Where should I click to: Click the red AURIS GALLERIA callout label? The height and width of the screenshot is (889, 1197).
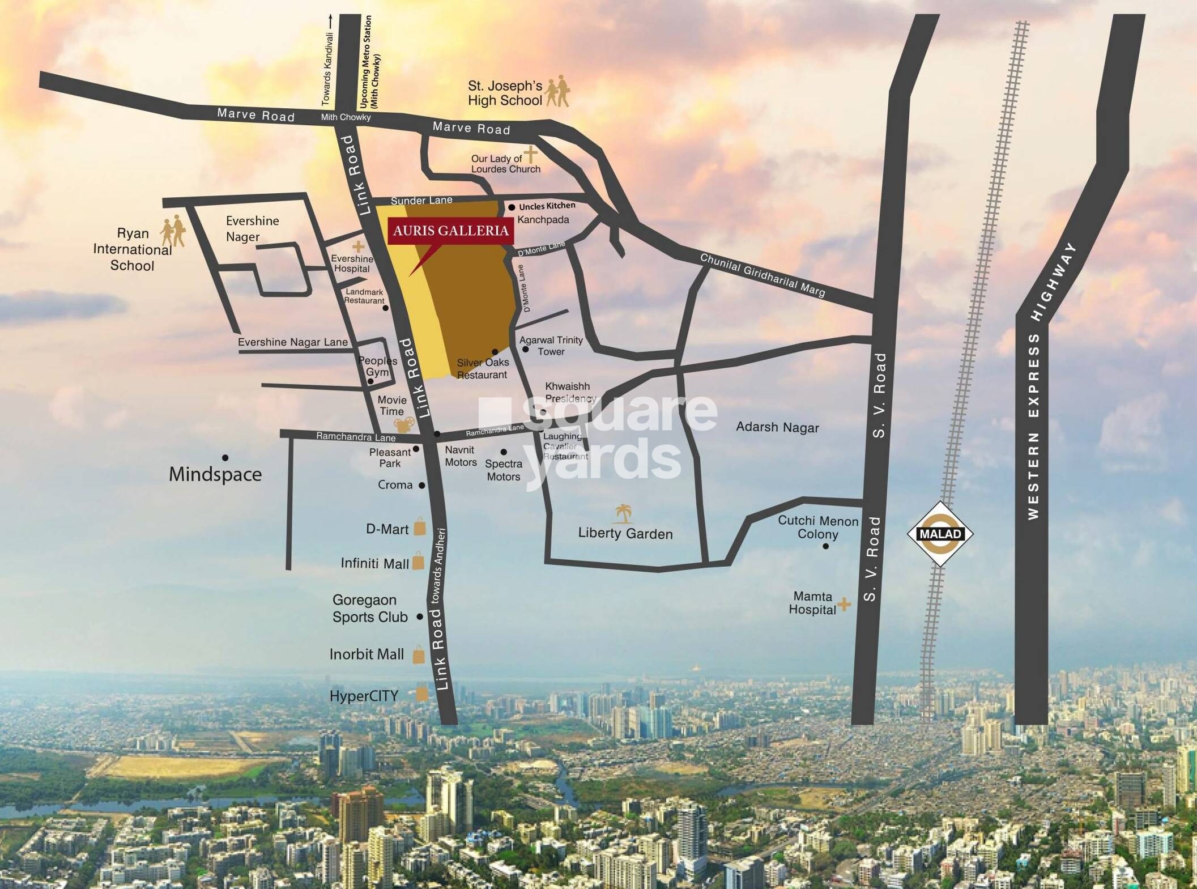click(x=451, y=231)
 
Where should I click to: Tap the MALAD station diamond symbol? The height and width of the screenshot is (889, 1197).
click(x=940, y=534)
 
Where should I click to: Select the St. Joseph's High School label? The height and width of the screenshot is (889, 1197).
click(x=505, y=93)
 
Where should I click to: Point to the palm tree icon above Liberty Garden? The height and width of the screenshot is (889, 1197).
click(x=623, y=513)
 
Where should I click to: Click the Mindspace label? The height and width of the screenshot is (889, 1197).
click(x=215, y=474)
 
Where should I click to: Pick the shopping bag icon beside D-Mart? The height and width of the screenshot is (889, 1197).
click(x=419, y=526)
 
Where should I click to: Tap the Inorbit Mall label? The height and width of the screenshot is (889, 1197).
click(x=367, y=654)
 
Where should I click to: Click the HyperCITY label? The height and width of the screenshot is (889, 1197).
click(x=364, y=696)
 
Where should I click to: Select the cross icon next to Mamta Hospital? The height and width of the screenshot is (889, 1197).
click(x=844, y=605)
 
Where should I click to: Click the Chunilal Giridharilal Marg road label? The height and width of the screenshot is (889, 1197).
click(x=762, y=275)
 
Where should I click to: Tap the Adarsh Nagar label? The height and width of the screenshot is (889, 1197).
click(x=777, y=427)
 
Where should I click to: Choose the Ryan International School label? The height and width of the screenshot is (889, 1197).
click(x=133, y=249)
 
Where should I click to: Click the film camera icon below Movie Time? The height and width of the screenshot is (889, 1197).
click(x=404, y=425)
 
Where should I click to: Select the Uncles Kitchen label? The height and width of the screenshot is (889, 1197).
click(x=547, y=206)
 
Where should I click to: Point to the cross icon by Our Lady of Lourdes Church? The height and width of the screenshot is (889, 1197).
click(x=530, y=154)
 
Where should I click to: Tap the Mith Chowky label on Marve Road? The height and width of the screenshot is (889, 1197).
click(x=346, y=117)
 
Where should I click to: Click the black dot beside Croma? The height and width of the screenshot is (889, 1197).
click(x=421, y=486)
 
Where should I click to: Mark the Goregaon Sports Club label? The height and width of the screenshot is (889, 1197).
click(x=369, y=609)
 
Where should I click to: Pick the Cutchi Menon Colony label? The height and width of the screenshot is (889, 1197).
click(x=817, y=527)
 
